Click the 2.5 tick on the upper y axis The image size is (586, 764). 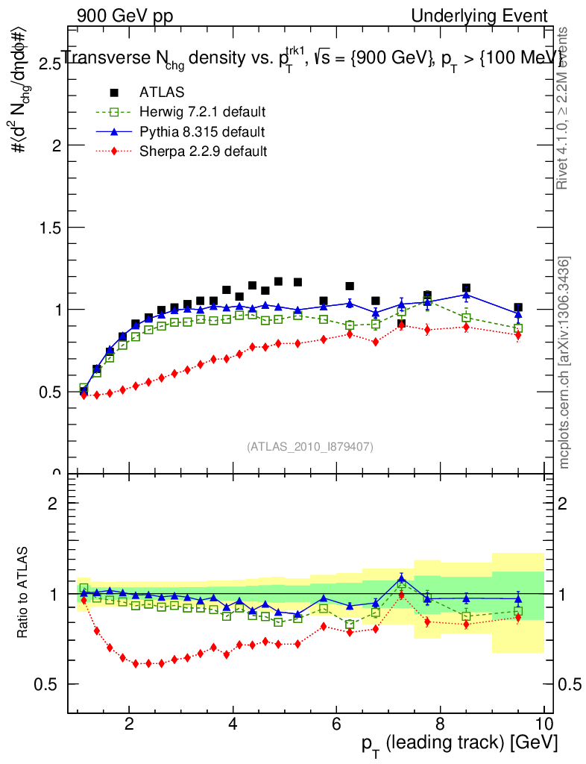pyautogui.click(x=51, y=64)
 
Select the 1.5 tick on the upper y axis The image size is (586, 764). pyautogui.click(x=51, y=228)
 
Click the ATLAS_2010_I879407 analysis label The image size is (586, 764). pyautogui.click(x=310, y=446)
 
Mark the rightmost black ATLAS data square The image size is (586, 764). pyautogui.click(x=518, y=307)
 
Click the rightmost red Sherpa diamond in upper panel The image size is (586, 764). pyautogui.click(x=518, y=335)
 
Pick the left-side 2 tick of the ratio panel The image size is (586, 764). pyautogui.click(x=53, y=504)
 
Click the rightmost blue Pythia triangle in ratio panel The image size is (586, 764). pyautogui.click(x=518, y=598)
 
